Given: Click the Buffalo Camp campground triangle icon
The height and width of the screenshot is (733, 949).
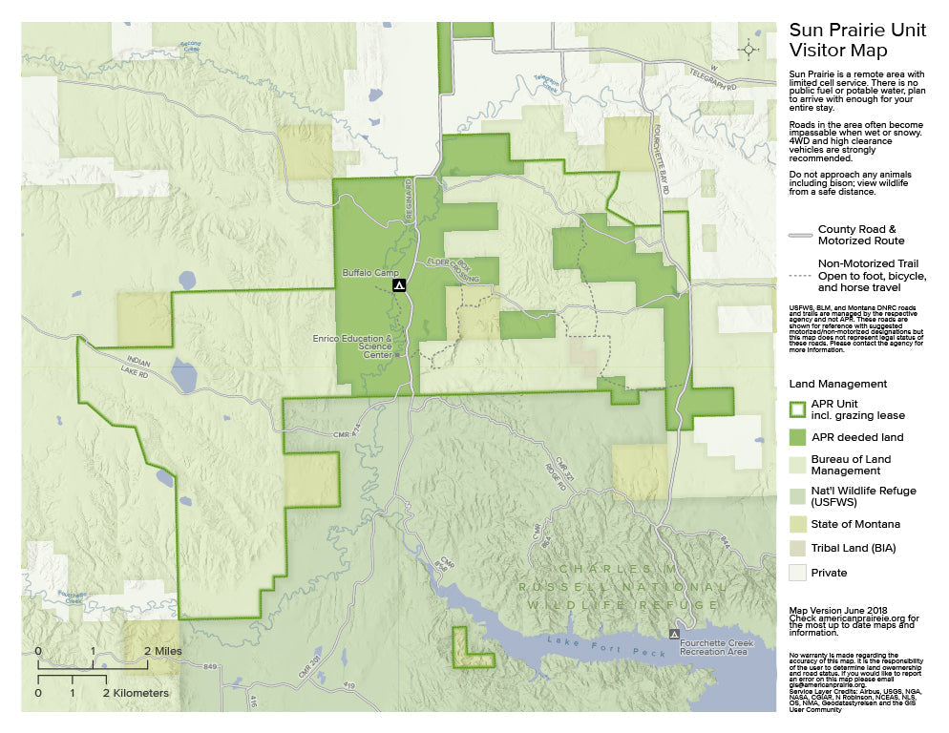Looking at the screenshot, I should click(401, 284).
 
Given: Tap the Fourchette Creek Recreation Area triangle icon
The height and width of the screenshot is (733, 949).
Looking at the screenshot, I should click(675, 634).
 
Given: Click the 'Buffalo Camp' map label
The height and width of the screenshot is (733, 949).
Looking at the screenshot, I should click(369, 272).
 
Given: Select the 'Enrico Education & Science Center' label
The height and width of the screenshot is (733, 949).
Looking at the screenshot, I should click(353, 346).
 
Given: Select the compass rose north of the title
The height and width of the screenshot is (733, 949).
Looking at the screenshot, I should click(749, 49).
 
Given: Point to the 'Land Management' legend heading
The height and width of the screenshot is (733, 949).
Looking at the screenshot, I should click(838, 384).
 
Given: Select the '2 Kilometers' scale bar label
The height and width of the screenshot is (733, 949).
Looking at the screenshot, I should click(136, 692).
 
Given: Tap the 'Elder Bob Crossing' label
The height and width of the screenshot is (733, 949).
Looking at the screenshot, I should click(451, 268).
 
